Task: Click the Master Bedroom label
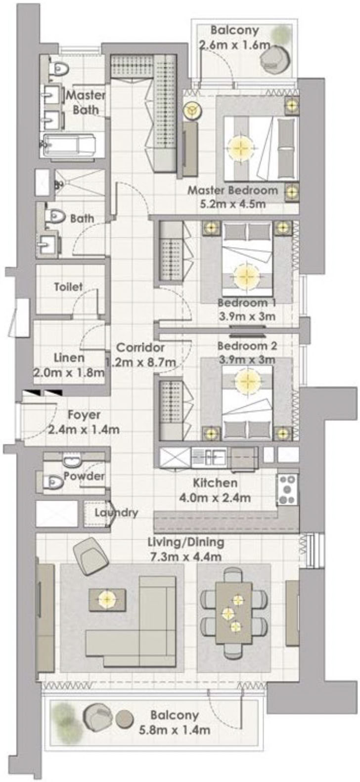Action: tap(232, 190)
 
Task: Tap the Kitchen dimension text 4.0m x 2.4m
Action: tap(215, 498)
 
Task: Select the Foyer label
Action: tap(84, 415)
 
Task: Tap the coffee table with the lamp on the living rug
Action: tap(107, 599)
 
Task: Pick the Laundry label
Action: tap(116, 512)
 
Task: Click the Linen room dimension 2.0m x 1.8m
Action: tap(69, 373)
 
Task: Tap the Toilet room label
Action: tap(68, 287)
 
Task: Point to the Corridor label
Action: tap(140, 348)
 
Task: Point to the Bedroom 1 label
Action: tap(247, 303)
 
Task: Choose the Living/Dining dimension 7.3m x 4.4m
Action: tap(185, 557)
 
